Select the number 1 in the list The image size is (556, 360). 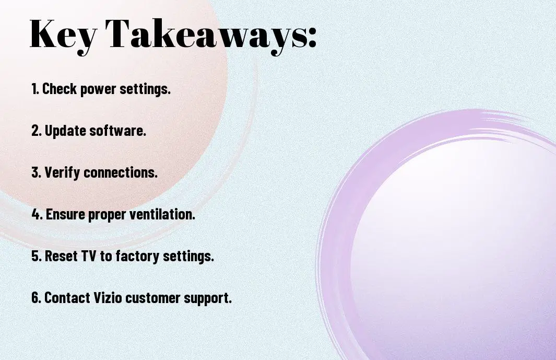point(34,89)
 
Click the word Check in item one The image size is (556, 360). point(59,89)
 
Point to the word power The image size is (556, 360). point(98,90)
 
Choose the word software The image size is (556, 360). point(117,130)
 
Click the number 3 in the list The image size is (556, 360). point(36,173)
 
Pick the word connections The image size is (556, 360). point(121,173)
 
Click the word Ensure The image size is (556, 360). point(65,214)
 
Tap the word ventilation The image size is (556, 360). point(162,214)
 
